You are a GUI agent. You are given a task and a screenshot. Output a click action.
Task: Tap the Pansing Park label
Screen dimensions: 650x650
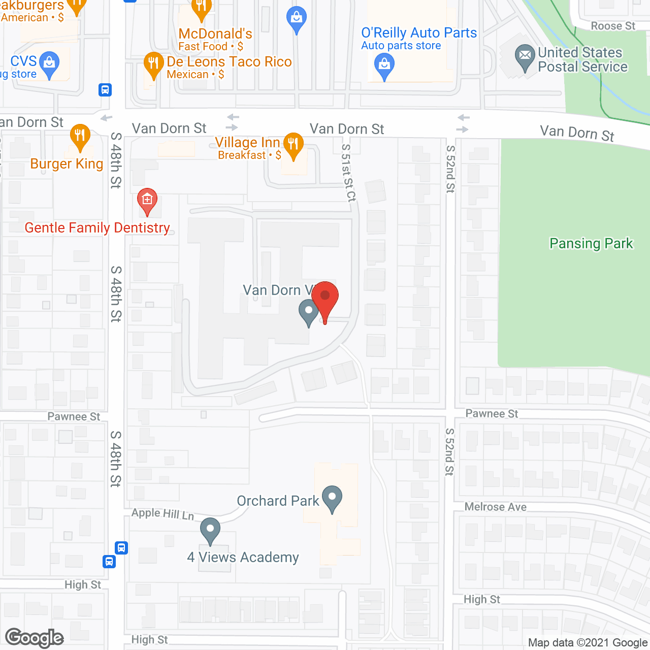591,244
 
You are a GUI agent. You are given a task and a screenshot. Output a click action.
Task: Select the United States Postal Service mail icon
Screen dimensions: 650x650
525,56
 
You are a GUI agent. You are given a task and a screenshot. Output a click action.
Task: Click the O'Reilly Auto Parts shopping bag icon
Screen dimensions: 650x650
384,66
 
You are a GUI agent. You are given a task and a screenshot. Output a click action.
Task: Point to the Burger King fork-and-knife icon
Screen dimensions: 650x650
80,136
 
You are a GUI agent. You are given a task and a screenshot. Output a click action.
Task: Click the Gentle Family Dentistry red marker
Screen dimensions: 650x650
147,200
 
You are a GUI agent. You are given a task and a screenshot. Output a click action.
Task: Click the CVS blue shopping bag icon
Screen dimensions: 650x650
49,63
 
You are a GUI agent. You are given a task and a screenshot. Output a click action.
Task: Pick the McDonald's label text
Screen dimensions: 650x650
215,34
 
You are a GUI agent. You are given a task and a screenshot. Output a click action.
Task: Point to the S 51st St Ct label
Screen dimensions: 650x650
348,173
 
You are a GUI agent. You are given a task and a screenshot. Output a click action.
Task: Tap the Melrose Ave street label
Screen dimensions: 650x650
495,507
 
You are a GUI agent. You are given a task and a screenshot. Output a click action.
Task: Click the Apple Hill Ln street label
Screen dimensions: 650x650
162,514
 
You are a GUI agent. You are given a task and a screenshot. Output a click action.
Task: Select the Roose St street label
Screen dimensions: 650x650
613,26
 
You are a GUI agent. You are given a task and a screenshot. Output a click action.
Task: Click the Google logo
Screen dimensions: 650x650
35,638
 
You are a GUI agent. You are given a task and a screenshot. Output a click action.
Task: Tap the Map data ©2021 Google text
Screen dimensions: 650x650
588,643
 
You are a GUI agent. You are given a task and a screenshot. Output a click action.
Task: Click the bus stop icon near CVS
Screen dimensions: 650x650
105,90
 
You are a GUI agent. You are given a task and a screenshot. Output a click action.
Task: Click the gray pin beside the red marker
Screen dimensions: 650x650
308,311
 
